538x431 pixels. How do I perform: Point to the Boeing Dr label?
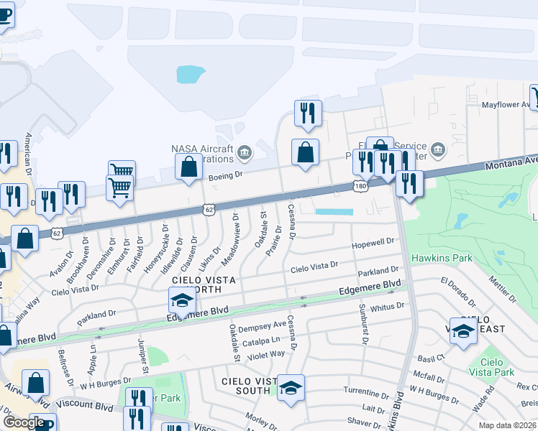point(227,173)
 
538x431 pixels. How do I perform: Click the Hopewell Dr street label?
point(373,244)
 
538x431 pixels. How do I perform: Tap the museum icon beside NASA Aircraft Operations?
point(244,152)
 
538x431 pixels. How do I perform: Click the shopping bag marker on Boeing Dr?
point(188,166)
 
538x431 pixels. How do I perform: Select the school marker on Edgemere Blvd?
point(183,300)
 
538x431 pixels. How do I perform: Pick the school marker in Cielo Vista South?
point(291,388)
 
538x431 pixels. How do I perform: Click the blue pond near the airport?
point(190,73)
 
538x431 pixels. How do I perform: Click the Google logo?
point(23,422)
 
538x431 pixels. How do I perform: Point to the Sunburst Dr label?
point(362,320)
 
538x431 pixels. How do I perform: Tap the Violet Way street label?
point(267,353)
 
